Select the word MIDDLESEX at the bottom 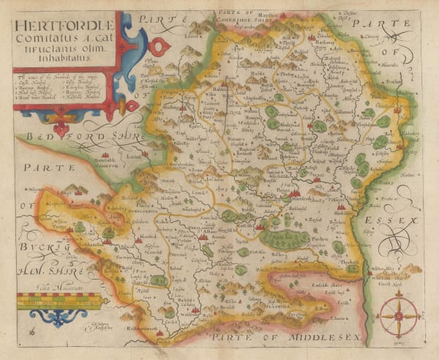pos(323,337)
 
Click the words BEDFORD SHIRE pos(76,136)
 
